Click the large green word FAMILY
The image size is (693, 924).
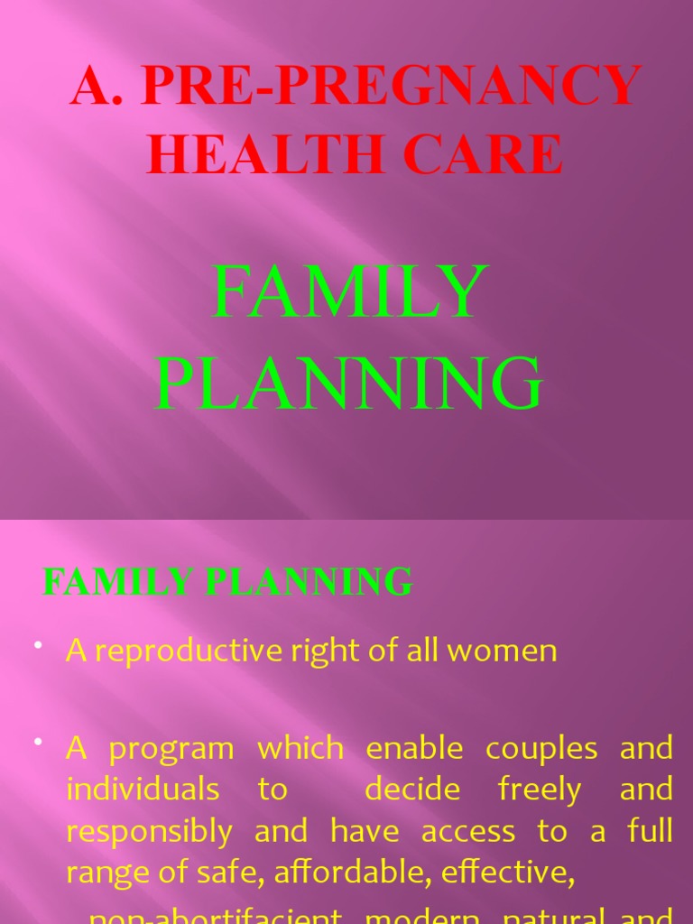(350, 292)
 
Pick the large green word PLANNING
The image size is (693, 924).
(350, 383)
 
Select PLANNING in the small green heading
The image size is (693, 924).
(309, 582)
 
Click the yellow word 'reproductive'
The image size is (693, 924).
(184, 651)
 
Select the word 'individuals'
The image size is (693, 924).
(143, 790)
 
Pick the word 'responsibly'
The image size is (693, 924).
(149, 832)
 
